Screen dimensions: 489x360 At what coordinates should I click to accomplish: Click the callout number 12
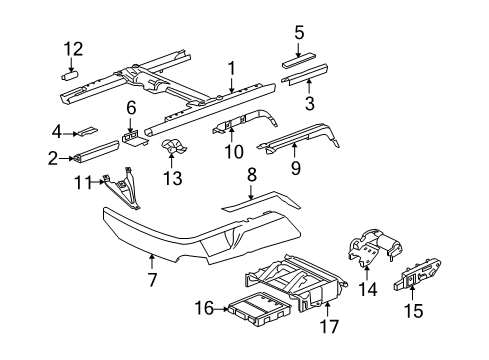73,49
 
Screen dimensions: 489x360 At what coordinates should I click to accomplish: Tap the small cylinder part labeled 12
70,76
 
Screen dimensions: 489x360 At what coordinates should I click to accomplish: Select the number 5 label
299,33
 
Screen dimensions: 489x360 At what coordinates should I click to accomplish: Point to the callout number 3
310,103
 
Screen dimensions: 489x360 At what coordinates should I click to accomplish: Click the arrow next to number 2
67,159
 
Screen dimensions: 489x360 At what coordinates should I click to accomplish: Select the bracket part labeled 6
134,139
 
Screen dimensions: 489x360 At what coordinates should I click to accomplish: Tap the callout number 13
172,178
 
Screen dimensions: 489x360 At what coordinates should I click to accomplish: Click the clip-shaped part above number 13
173,148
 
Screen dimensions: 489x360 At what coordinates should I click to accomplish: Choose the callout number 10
234,152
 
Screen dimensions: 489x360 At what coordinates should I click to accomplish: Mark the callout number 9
295,168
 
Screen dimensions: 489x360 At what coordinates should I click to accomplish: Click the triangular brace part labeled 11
124,189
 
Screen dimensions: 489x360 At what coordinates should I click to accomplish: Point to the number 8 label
251,175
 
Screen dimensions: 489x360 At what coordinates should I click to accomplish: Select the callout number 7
152,280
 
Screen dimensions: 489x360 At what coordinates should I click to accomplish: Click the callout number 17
329,326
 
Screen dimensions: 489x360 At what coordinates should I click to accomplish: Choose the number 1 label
231,69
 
